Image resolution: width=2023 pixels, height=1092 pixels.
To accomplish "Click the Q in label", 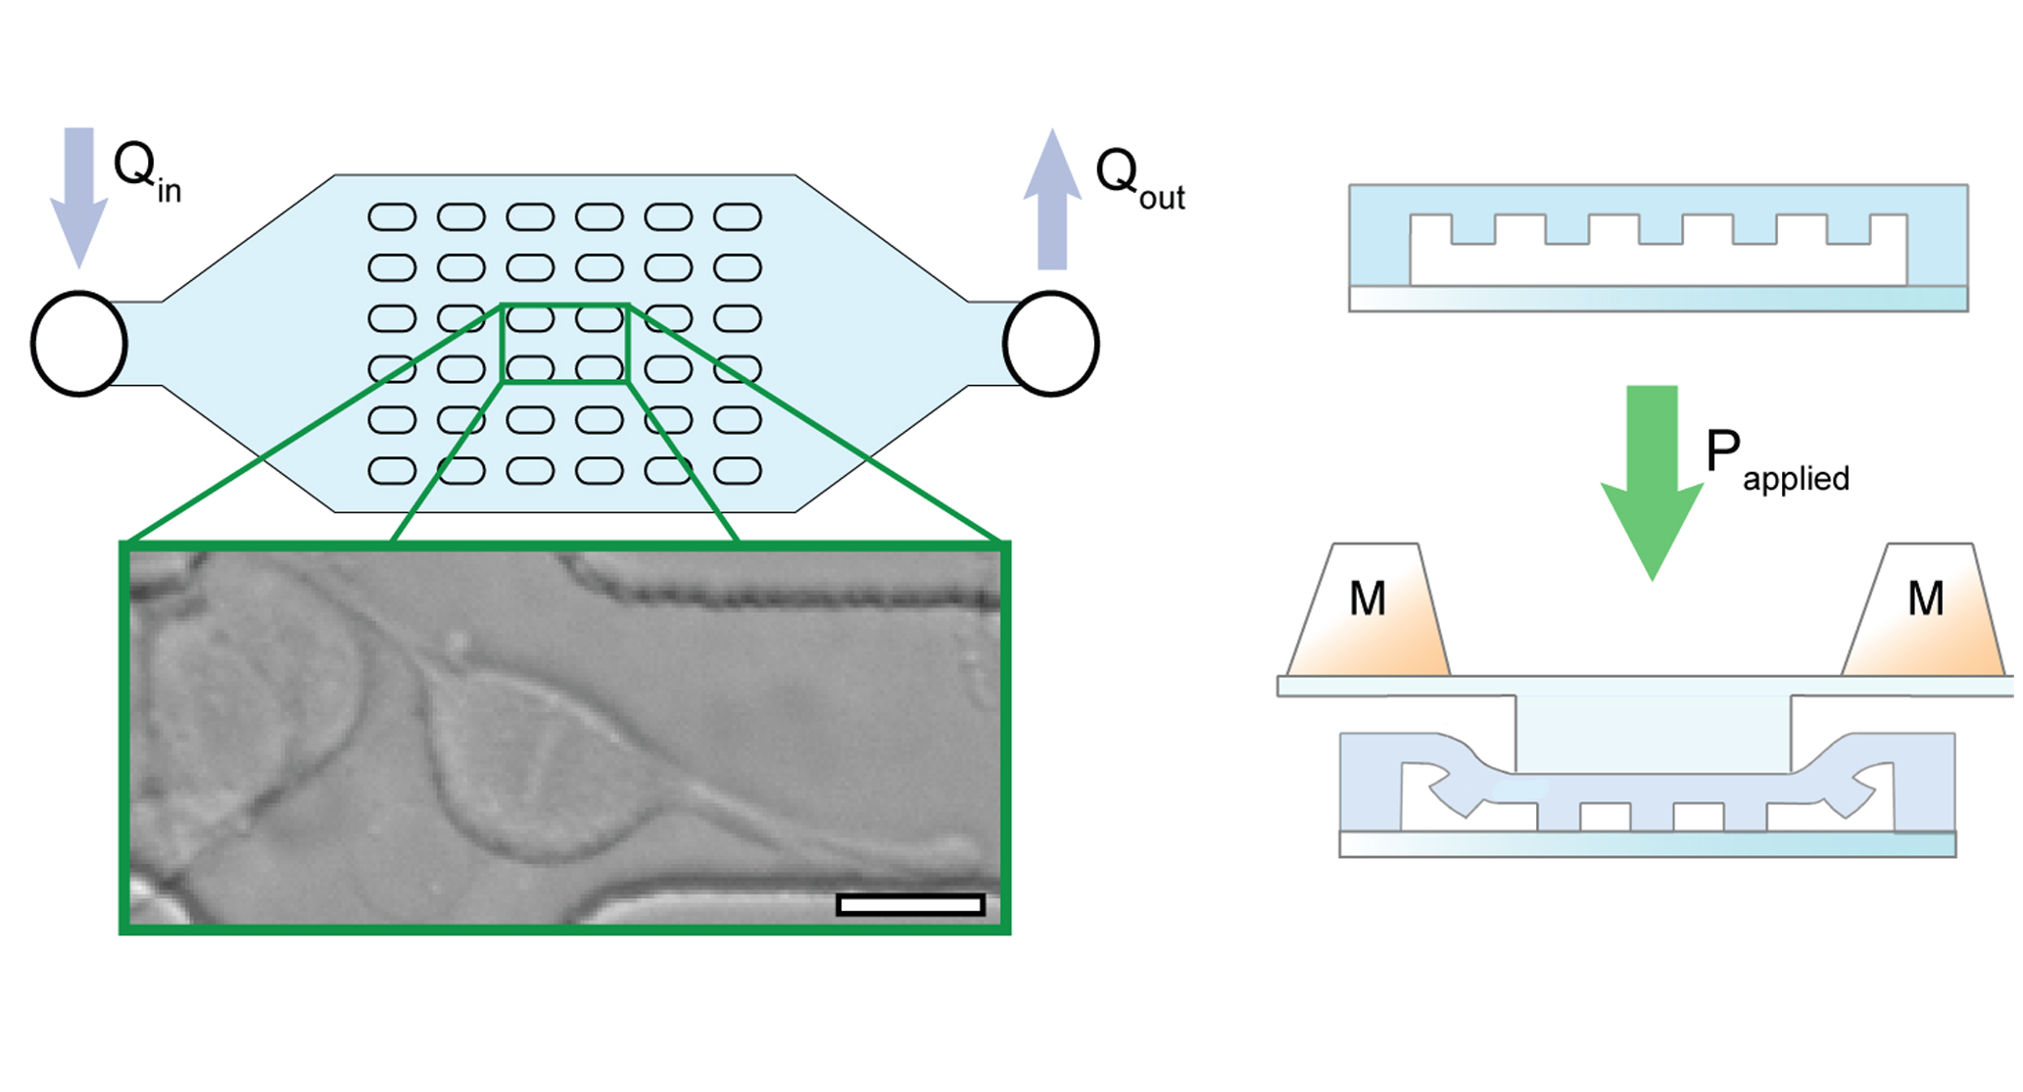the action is (147, 170).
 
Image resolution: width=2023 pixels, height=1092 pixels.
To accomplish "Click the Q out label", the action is (1139, 178).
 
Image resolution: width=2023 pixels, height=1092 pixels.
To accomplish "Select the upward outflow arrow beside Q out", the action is (1052, 199).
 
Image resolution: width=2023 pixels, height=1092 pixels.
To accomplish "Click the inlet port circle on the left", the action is (33, 344).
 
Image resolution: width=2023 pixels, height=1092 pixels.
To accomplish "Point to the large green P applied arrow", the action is (1652, 483).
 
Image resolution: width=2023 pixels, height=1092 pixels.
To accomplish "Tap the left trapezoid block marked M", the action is (1368, 609).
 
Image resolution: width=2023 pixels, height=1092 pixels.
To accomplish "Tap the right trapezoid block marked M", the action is (1923, 609).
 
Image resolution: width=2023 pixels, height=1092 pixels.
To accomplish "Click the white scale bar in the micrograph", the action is (910, 905).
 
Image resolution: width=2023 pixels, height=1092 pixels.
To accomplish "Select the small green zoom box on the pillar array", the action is (503, 344).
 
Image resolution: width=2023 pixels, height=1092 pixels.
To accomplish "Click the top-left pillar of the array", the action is (392, 216).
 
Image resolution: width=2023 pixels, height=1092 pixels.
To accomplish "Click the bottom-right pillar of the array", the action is (738, 471).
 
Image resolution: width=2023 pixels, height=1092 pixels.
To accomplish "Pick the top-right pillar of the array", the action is (738, 216).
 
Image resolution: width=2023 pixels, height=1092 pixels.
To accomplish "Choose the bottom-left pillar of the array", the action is (392, 471).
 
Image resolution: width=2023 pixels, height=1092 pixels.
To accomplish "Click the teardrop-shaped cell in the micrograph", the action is (534, 764).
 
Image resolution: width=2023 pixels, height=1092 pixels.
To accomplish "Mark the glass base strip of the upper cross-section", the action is (1658, 299).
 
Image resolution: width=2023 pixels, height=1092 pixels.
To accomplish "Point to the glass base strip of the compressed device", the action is (1647, 844).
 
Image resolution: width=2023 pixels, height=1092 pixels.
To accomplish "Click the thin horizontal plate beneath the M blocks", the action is (1646, 686).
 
